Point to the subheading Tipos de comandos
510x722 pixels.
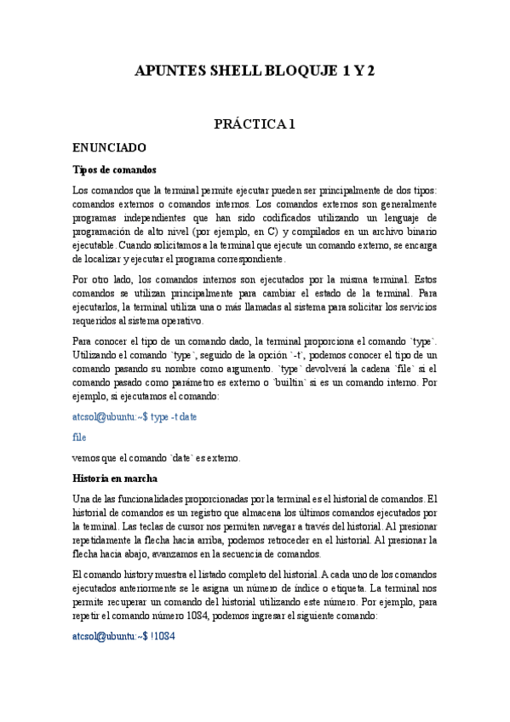click(115, 169)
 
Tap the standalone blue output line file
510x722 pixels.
click(80, 437)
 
